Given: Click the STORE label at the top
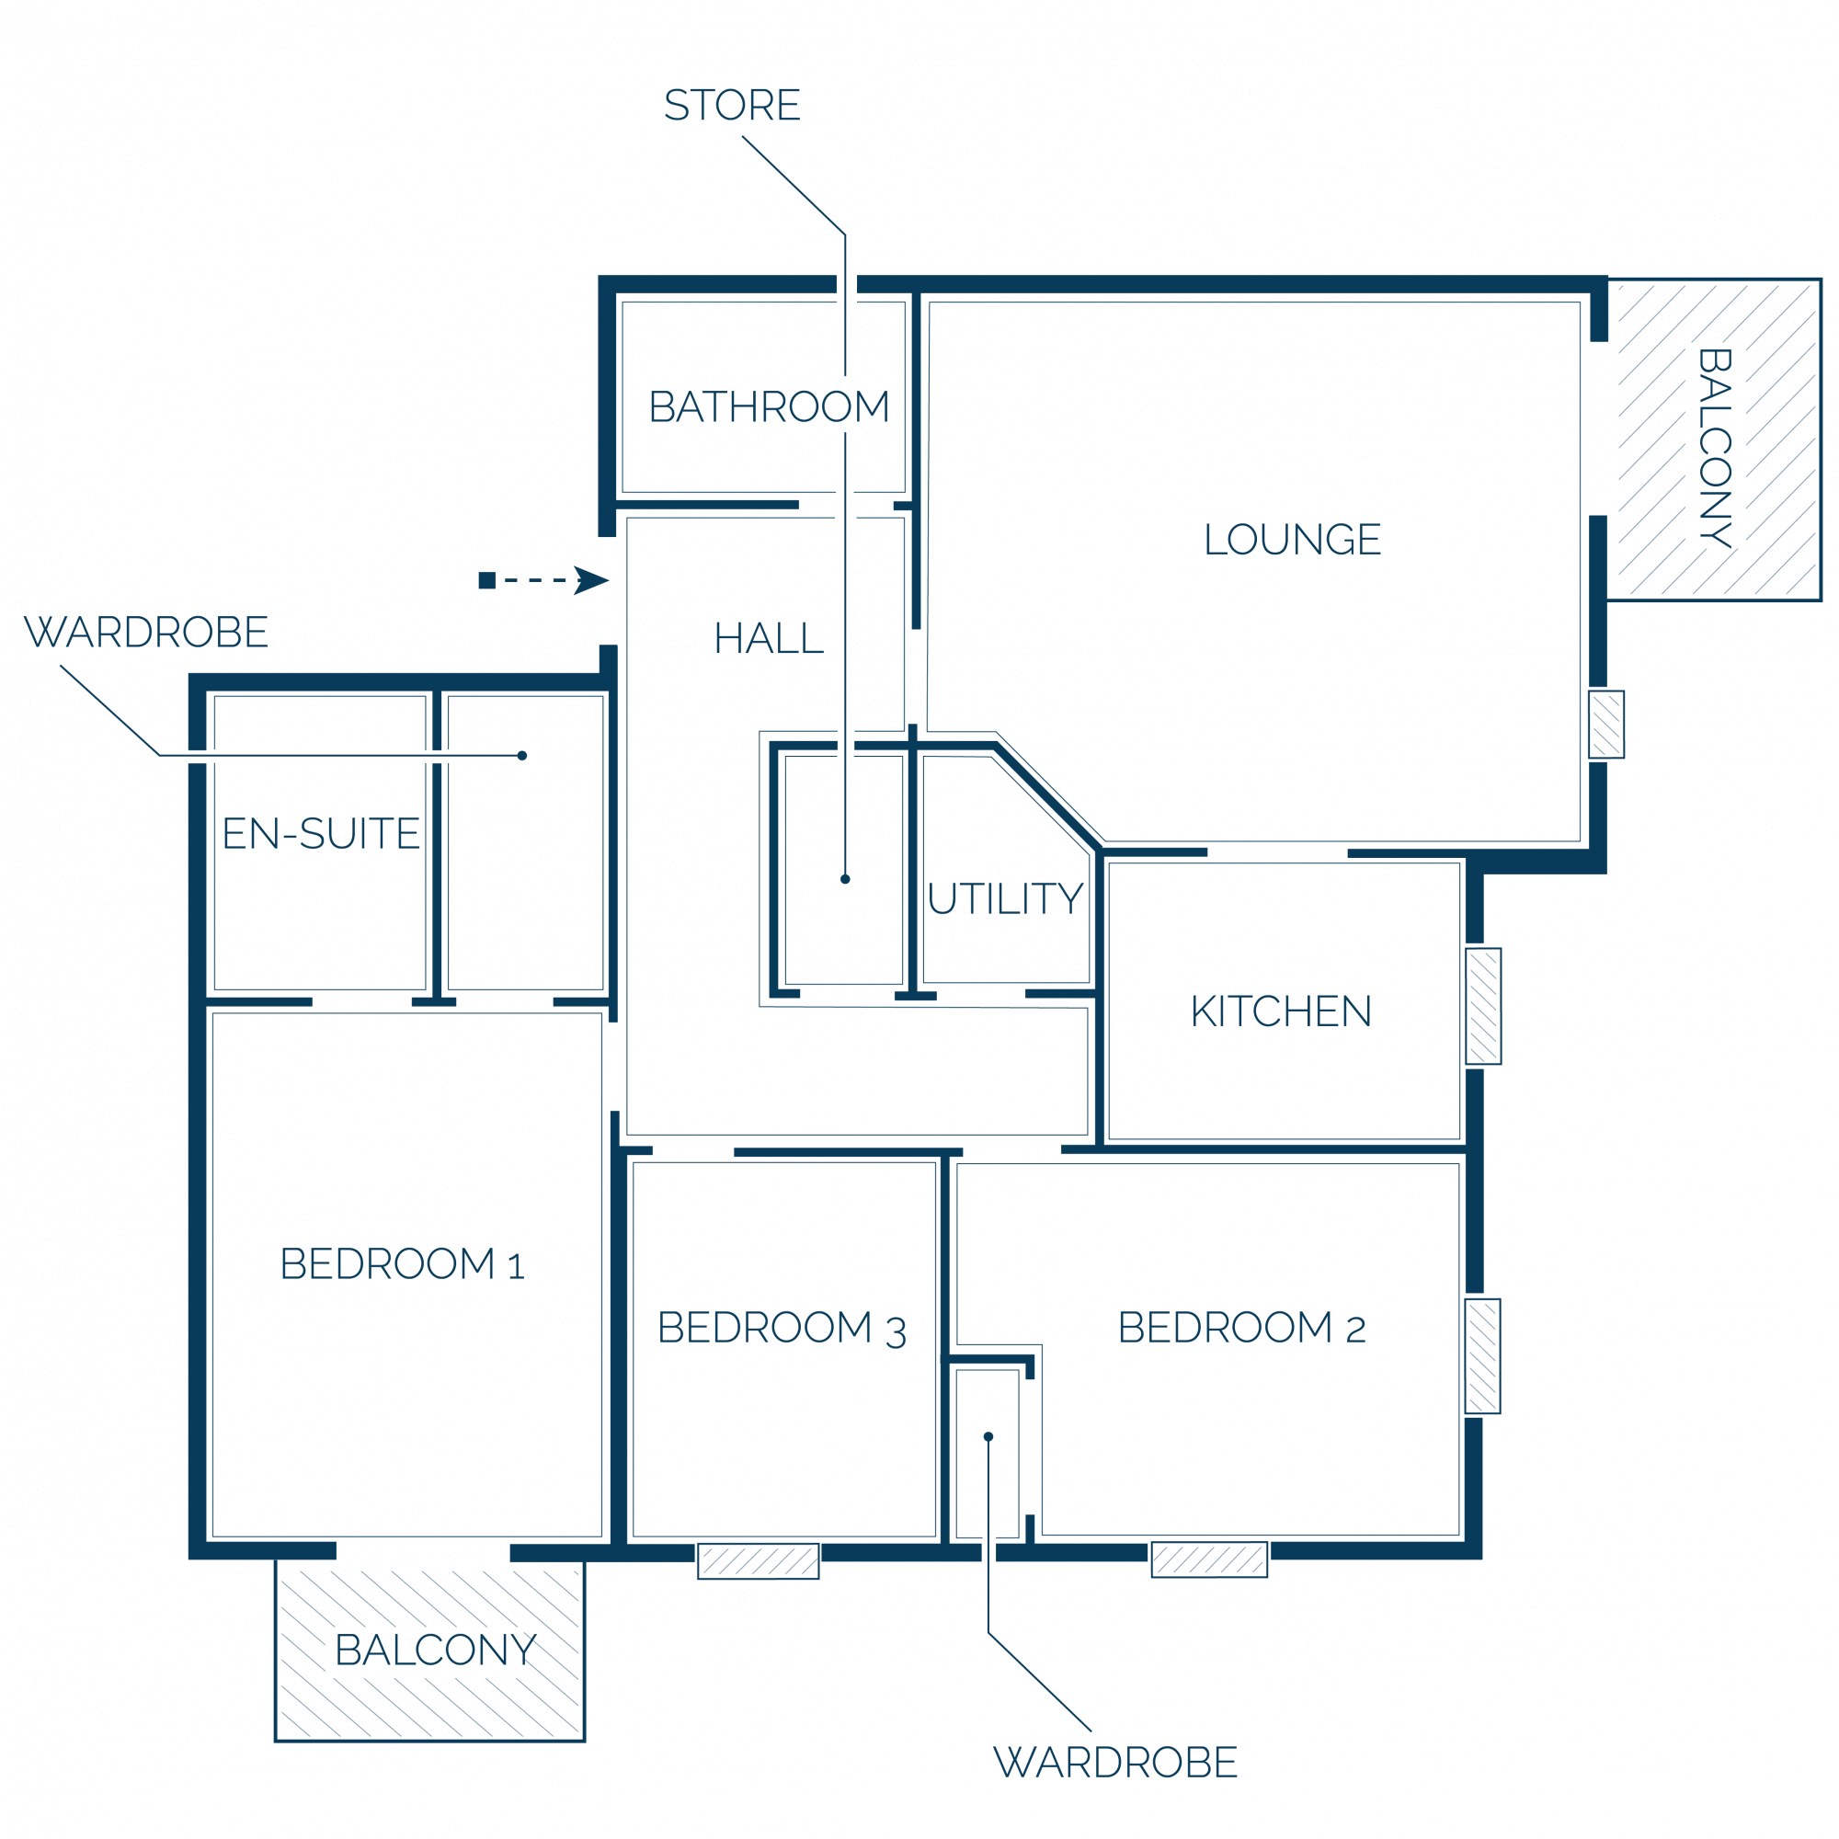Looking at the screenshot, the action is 732,105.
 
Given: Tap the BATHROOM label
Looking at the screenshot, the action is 769,406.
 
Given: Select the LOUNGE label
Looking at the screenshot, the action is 1292,539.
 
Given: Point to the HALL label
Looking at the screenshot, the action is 768,638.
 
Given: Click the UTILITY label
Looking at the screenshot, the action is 1005,898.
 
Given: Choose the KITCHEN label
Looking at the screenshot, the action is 1280,1011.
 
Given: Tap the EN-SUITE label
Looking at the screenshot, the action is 321,834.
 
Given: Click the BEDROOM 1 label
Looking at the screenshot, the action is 402,1264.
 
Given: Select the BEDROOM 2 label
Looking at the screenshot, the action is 1241,1327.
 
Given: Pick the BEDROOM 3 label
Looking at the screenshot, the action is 782,1328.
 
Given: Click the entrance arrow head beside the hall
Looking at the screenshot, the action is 591,580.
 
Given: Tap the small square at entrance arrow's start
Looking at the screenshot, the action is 487,580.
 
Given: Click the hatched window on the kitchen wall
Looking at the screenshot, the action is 1483,1006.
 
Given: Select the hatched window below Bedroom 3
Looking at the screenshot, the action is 759,1561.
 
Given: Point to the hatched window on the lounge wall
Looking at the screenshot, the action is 1605,725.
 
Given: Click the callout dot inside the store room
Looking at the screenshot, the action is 845,880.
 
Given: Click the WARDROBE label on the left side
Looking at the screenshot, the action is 145,632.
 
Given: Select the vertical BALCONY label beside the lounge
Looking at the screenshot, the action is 1714,448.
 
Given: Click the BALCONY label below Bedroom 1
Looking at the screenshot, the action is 436,1650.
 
